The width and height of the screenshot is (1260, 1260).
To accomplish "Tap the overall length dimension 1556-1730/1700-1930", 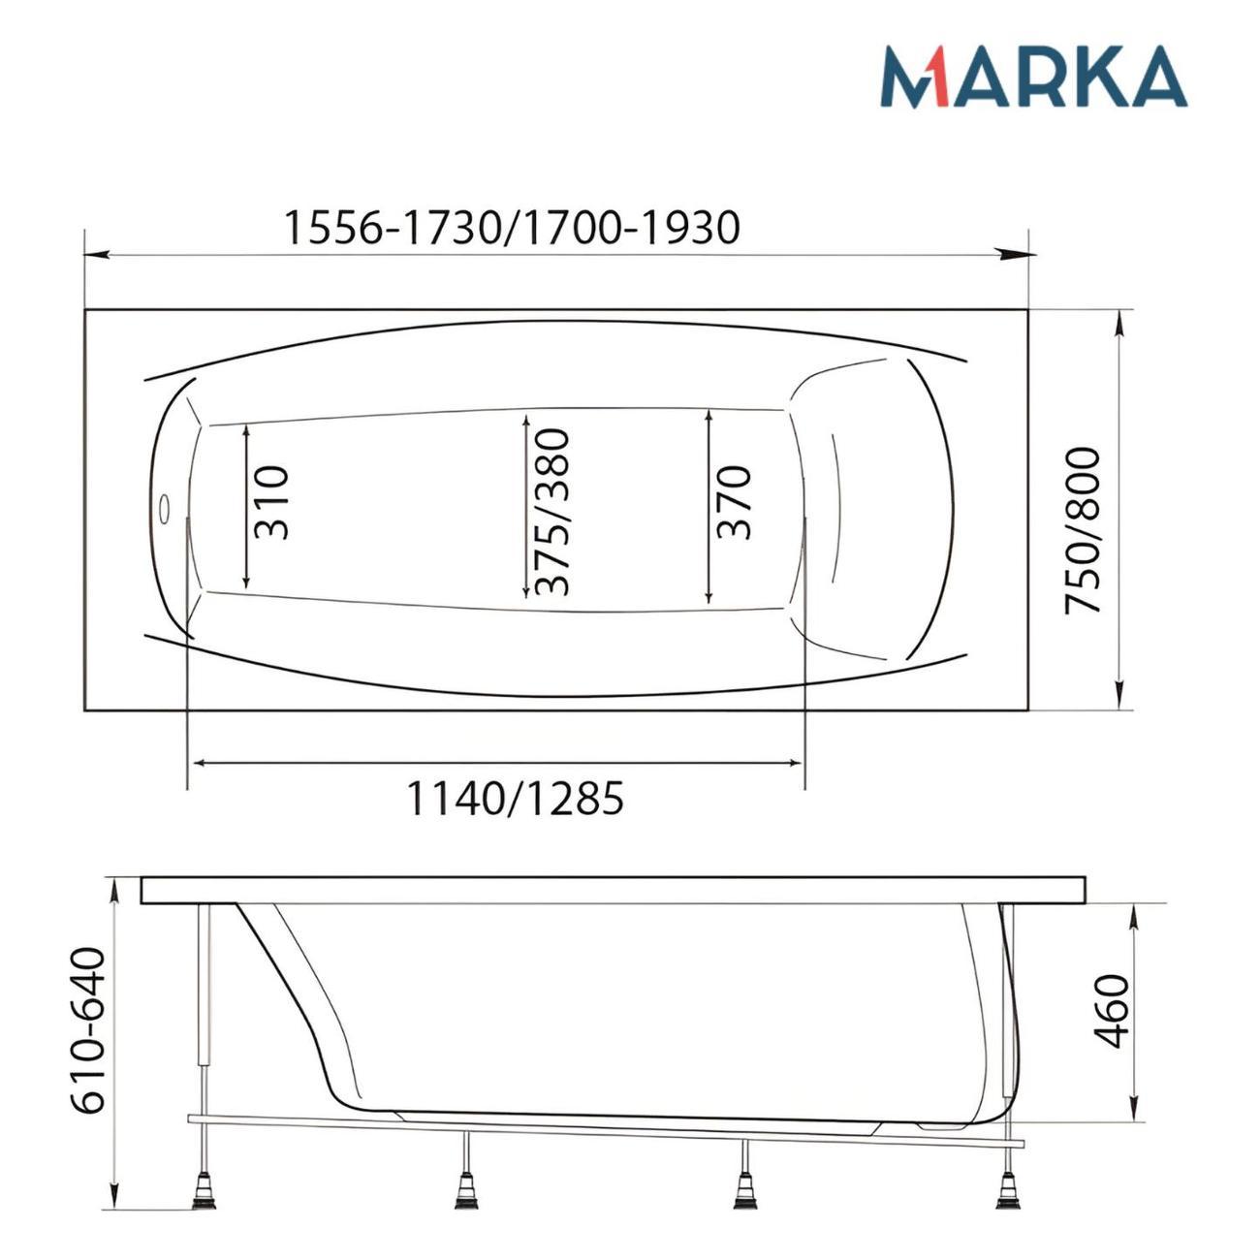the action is click(513, 228).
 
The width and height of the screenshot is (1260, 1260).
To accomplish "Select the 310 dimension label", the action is click(270, 503).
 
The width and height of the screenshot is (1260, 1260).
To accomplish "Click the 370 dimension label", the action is click(733, 503).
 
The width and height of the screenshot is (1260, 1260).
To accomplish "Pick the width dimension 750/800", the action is click(1083, 530).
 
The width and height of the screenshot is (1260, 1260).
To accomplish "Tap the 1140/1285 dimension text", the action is click(516, 799).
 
